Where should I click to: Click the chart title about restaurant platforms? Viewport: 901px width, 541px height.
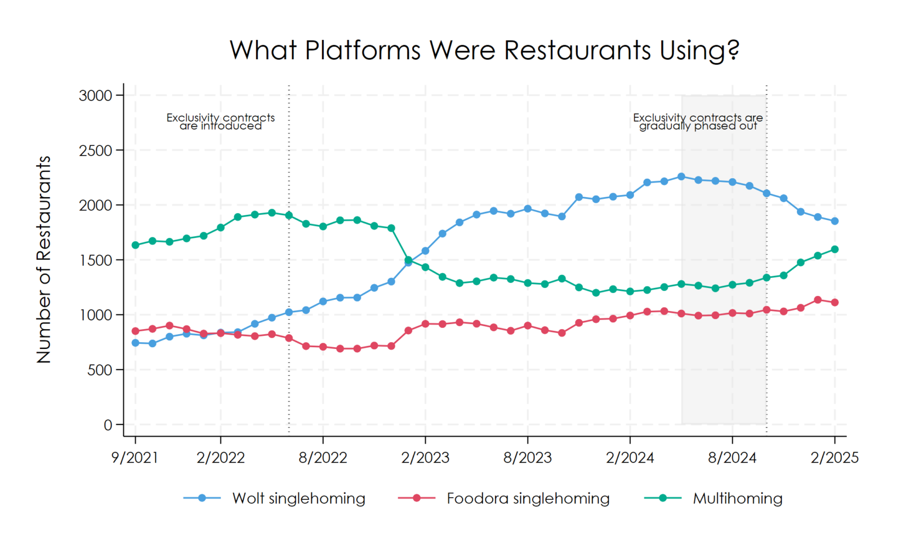484,50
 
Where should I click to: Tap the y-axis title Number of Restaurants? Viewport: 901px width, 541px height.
44,259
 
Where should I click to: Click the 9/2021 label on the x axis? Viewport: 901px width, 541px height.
135,457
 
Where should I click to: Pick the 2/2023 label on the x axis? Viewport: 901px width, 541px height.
425,457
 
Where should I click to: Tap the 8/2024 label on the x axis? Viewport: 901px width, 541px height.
732,457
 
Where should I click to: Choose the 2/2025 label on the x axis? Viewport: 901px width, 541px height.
835,457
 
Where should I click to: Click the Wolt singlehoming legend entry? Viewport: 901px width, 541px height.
298,498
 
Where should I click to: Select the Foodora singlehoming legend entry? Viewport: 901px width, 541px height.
528,498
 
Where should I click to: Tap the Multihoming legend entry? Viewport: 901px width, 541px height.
737,498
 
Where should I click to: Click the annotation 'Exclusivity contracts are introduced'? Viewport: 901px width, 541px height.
221,122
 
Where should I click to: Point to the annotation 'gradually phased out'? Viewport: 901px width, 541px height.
698,126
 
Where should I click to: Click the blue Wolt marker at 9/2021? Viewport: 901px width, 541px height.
135,343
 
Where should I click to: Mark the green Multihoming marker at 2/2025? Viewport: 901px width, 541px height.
835,249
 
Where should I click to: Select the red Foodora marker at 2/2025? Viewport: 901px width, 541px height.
835,303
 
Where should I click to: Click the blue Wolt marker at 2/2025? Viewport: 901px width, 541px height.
835,221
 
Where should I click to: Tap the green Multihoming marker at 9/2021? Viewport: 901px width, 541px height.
135,245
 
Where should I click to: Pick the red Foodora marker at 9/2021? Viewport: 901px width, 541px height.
135,331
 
